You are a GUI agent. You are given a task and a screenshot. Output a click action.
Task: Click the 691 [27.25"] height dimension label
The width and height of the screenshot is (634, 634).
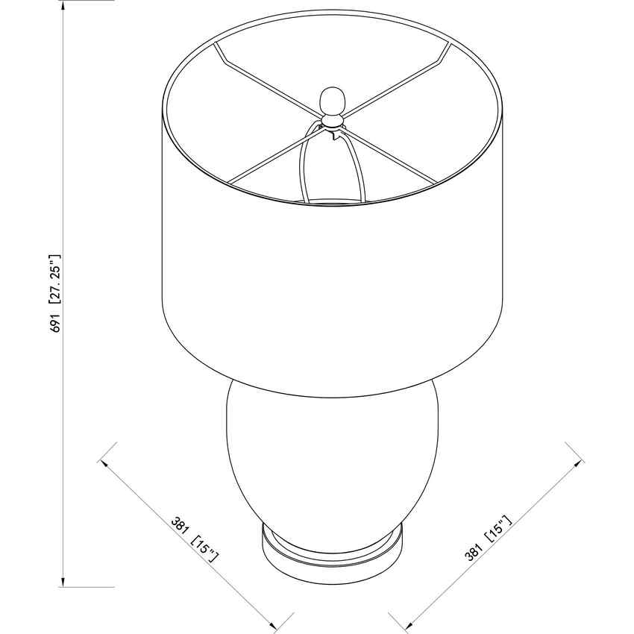click(x=55, y=293)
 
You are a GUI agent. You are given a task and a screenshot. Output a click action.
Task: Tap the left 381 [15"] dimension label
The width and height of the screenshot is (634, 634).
click(x=195, y=540)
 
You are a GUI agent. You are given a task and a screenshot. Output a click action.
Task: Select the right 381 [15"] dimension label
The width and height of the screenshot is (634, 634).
click(x=489, y=539)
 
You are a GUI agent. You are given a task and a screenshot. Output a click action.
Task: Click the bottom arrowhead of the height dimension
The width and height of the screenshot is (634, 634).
click(x=63, y=582)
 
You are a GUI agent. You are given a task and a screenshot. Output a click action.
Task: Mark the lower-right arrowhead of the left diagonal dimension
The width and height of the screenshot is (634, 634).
click(x=273, y=627)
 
